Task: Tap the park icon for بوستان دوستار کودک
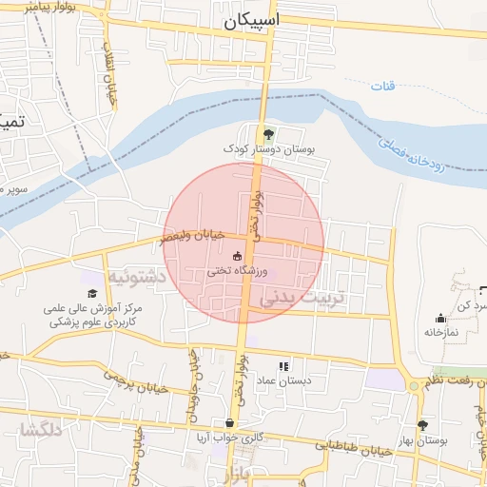click(x=268, y=134)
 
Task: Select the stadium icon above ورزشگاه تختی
click(x=237, y=255)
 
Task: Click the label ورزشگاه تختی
click(x=237, y=270)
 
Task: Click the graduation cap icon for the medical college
click(x=93, y=294)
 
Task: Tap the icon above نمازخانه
click(x=440, y=318)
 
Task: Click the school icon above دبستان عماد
click(x=282, y=366)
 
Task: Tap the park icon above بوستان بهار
click(x=422, y=425)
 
